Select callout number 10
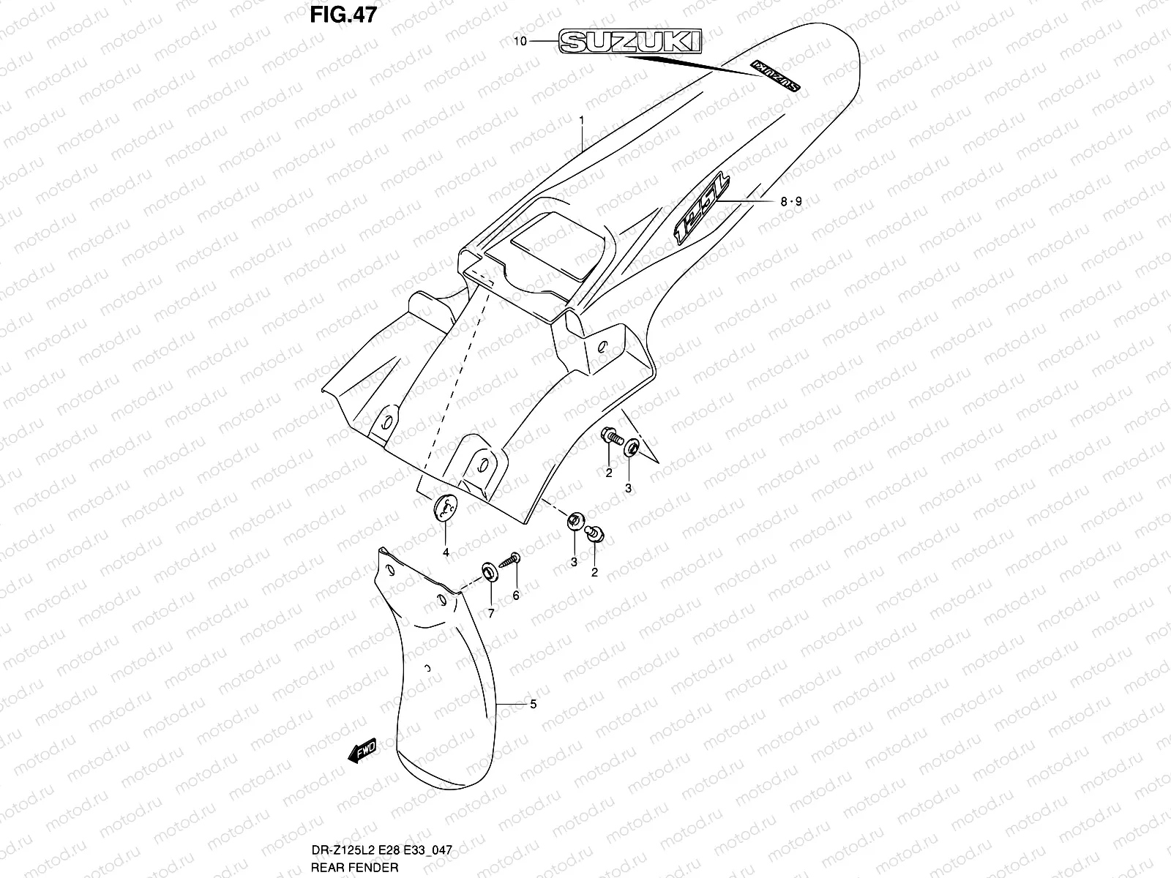pyautogui.click(x=520, y=42)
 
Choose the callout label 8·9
pyautogui.click(x=791, y=201)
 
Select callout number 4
pyautogui.click(x=446, y=552)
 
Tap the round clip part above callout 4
pyautogui.click(x=446, y=506)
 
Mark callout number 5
pyautogui.click(x=533, y=704)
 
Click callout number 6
pyautogui.click(x=515, y=596)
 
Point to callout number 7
pyautogui.click(x=491, y=613)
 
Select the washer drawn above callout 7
pyautogui.click(x=487, y=569)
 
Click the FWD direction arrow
pyautogui.click(x=362, y=750)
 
